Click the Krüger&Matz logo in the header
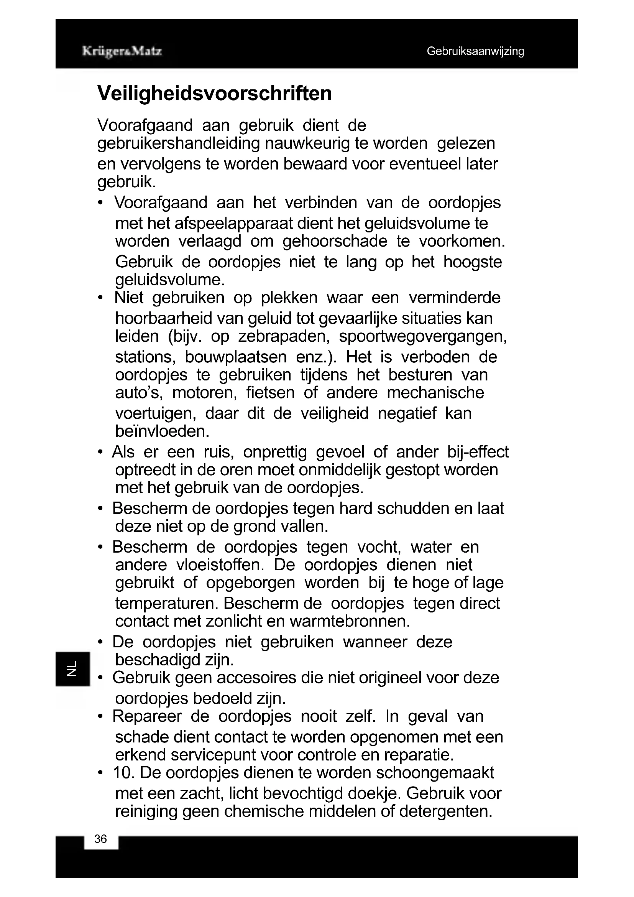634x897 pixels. (x=122, y=51)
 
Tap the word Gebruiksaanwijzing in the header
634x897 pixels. (x=475, y=51)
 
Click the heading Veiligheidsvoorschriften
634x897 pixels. (x=215, y=93)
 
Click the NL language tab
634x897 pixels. (x=72, y=668)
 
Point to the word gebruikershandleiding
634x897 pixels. (x=178, y=143)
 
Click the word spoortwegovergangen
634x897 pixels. (x=423, y=336)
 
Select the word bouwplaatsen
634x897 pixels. (x=236, y=357)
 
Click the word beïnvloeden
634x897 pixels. (x=163, y=431)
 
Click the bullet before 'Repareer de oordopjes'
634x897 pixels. (x=101, y=717)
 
